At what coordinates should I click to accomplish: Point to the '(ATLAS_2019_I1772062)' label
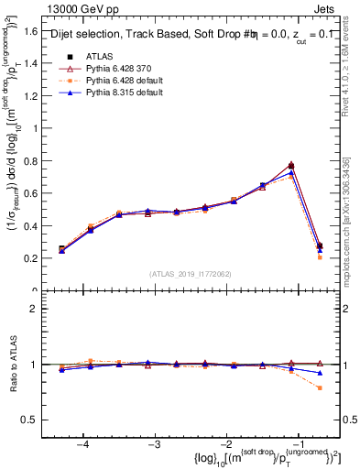(190, 274)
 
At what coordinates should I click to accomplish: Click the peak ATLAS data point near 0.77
(291, 166)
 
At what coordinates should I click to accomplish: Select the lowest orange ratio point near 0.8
(320, 387)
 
